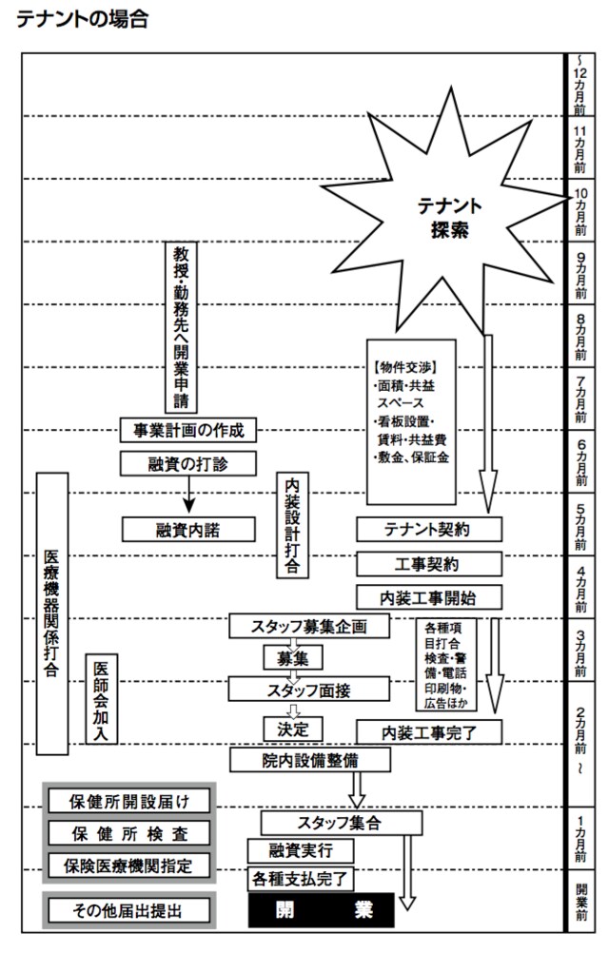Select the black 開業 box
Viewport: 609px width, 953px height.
322,910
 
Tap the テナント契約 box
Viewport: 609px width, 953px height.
428,529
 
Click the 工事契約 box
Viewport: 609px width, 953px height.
428,563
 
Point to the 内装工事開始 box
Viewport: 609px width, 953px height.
428,596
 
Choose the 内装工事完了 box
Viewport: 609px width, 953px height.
428,731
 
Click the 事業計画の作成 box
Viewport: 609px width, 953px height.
189,430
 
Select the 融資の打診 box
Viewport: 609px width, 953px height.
189,463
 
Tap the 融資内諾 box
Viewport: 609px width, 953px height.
189,529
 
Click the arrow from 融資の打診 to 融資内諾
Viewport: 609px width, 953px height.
189,495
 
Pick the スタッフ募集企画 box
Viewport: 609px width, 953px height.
309,626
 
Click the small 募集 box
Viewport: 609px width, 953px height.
293,657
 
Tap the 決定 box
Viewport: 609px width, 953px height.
293,728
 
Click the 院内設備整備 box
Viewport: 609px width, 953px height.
309,760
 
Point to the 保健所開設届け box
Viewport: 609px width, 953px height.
128,801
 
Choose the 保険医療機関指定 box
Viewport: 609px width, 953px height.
128,865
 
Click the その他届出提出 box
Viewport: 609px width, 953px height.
128,910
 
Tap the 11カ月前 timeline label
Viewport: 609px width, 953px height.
580,147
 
